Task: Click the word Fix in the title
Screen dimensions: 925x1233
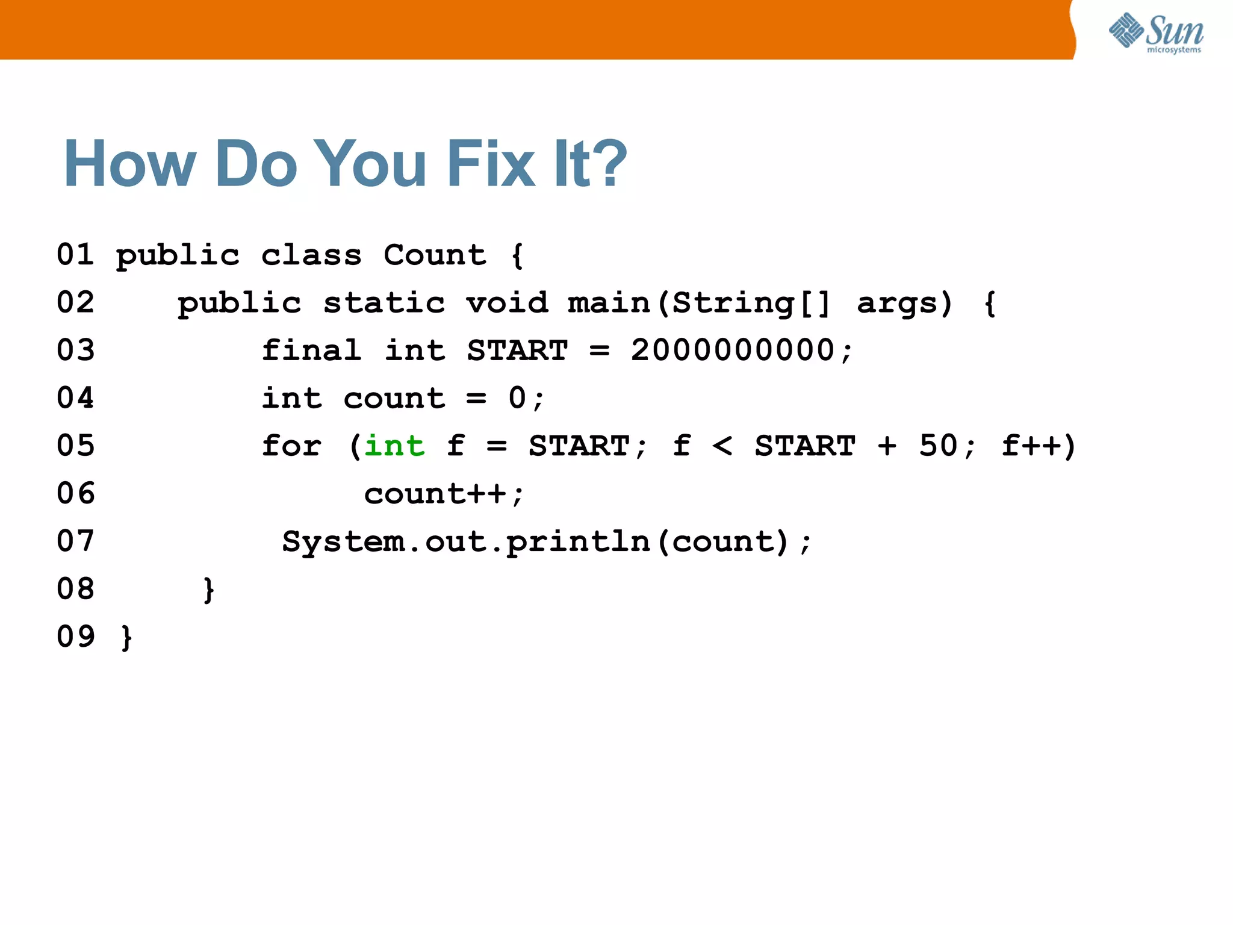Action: coord(490,164)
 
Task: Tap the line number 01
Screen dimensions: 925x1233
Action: coord(75,255)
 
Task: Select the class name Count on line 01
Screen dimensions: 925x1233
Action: coord(435,255)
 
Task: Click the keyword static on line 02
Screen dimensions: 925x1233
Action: coord(384,302)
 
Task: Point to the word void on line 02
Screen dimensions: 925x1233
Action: coord(507,302)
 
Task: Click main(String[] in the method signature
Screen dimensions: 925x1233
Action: coord(699,302)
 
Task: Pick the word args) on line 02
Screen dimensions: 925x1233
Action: coord(904,302)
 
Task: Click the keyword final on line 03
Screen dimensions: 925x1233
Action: coord(312,350)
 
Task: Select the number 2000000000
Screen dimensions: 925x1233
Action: coord(733,350)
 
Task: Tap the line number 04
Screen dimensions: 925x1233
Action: coord(75,398)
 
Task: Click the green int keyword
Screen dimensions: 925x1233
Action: coord(394,446)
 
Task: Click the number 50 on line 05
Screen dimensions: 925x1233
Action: coord(938,446)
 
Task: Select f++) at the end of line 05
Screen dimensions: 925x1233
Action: coord(1039,446)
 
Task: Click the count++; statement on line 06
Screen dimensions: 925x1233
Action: coord(444,494)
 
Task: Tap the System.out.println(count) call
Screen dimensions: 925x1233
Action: coord(547,541)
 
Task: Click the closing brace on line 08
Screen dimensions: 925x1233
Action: coord(208,590)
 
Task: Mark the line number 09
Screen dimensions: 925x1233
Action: coord(75,637)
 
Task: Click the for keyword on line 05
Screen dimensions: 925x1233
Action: coord(291,446)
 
